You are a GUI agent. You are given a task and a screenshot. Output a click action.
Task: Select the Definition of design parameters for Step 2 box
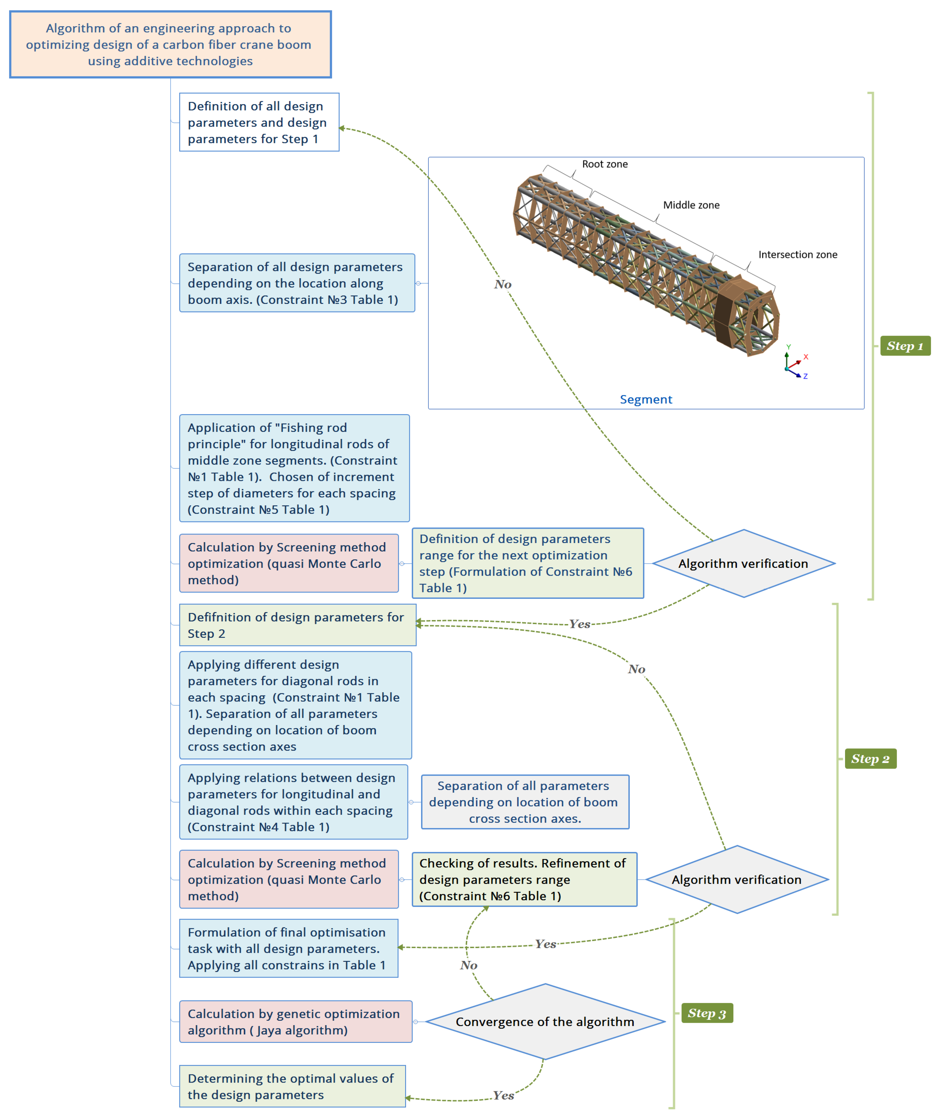click(297, 625)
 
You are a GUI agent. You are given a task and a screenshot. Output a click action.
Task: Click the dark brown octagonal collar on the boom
click(732, 309)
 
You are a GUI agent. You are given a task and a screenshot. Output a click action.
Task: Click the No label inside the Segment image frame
click(503, 284)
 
